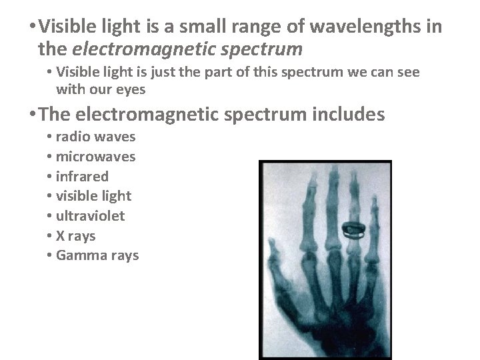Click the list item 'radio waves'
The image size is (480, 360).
click(x=95, y=137)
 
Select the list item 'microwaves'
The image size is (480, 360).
click(x=95, y=157)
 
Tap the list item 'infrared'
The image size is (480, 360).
click(x=82, y=176)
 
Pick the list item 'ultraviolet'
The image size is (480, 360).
click(x=90, y=216)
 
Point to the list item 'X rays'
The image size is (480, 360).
click(x=75, y=236)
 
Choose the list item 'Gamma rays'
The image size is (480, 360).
click(x=97, y=255)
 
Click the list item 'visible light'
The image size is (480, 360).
click(x=93, y=196)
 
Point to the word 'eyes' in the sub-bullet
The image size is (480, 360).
click(x=131, y=89)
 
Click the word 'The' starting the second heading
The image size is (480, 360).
click(x=55, y=115)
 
